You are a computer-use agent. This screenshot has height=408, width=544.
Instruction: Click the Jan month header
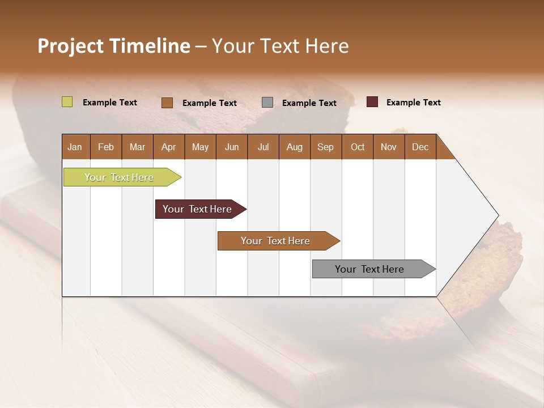tap(75, 147)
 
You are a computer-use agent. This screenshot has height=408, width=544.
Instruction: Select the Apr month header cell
tap(168, 147)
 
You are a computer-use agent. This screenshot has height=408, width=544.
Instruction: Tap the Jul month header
tap(263, 147)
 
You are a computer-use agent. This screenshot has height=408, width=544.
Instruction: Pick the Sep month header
tap(325, 147)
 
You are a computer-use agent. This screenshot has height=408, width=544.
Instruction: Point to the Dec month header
tap(420, 147)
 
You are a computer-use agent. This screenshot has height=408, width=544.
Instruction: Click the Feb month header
tap(106, 147)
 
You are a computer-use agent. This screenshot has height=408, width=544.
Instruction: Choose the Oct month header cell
tap(358, 147)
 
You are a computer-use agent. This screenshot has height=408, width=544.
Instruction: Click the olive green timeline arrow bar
tap(119, 177)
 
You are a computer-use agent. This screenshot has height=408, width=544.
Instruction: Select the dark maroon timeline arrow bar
tap(197, 209)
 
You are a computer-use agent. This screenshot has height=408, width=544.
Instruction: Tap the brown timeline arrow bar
tap(275, 241)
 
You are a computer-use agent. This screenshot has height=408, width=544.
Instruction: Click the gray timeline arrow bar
tap(369, 269)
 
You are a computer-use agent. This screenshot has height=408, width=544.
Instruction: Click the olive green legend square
tap(67, 102)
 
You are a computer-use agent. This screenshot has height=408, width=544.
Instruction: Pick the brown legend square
tap(167, 103)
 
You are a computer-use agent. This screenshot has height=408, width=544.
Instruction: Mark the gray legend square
tap(267, 103)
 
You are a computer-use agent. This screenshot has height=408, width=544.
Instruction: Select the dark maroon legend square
tap(372, 102)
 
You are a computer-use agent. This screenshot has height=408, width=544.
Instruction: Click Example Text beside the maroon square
tap(413, 103)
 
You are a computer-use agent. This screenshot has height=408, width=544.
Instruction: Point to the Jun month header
tap(232, 147)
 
